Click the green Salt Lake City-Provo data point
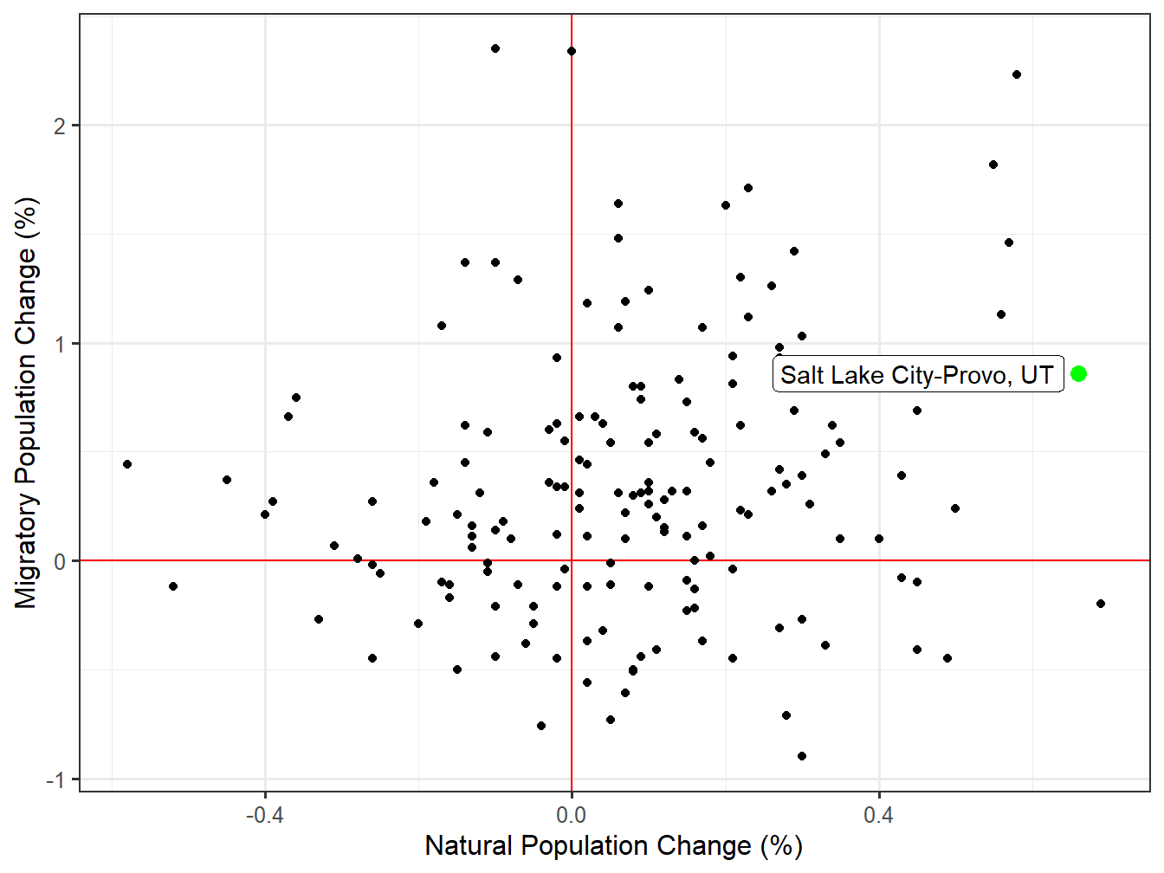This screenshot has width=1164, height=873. coord(1078,373)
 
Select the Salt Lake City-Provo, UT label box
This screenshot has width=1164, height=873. coord(918,375)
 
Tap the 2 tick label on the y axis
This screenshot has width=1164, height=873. coord(59,126)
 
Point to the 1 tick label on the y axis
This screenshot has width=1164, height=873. coord(59,344)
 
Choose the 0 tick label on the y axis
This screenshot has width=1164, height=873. coord(59,561)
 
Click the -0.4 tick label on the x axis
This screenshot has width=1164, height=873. coord(264,815)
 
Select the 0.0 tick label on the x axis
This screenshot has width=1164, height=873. coord(571,815)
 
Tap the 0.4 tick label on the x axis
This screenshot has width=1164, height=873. coord(878,815)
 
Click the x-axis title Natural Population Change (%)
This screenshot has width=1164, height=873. coord(613,846)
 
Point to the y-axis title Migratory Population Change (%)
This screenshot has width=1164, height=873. coord(26,403)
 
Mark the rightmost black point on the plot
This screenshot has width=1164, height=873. coord(1101,604)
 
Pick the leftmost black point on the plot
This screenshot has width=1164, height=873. coord(127,464)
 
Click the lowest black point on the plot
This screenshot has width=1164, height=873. coord(802,756)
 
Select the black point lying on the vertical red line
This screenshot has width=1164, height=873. coord(572,51)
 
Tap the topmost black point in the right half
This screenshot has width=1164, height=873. coord(1017,74)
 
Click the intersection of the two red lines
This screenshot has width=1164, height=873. coord(572,561)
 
